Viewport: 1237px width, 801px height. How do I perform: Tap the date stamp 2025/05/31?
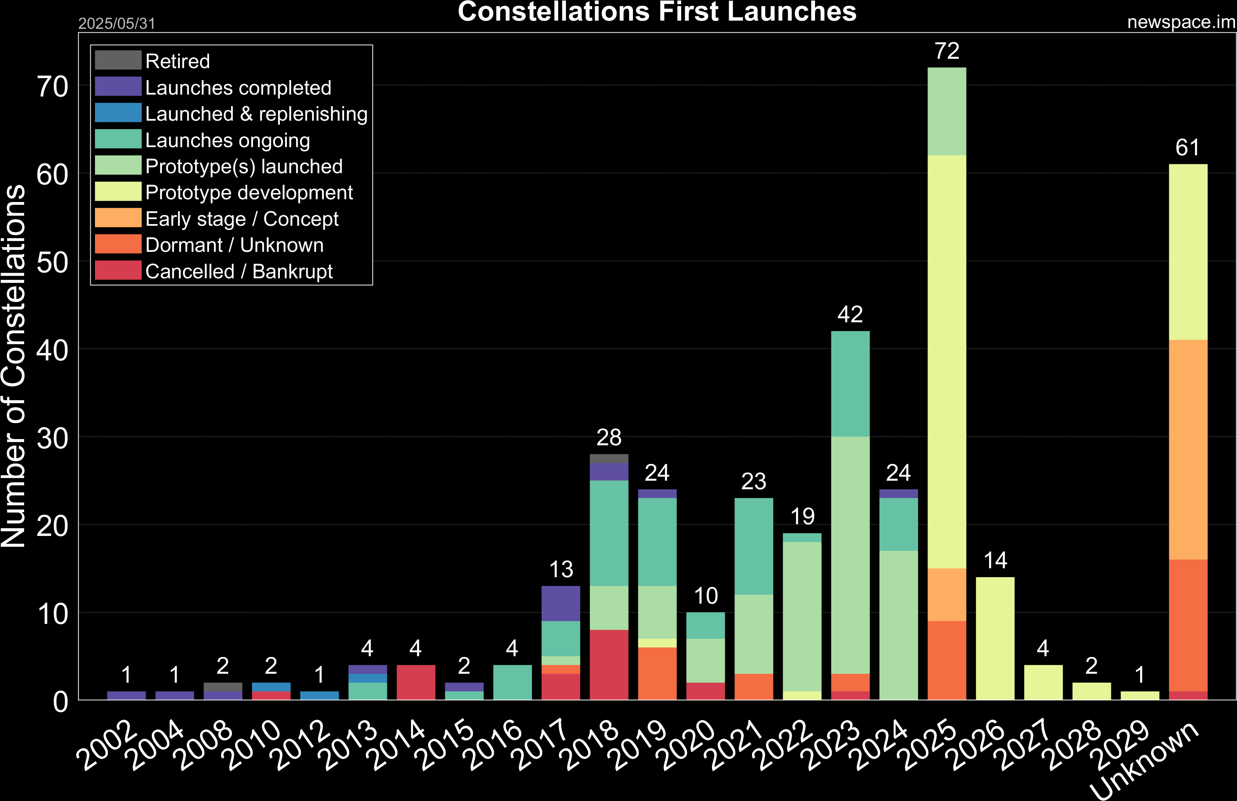(116, 23)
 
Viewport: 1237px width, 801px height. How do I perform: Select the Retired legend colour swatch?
(118, 60)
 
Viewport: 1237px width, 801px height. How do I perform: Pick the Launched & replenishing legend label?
(256, 114)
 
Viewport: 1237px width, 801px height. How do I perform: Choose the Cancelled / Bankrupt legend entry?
(239, 271)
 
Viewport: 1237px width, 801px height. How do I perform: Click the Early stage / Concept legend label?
(242, 219)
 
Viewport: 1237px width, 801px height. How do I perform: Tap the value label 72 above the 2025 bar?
(947, 51)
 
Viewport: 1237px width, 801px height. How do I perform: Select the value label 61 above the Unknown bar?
(1188, 148)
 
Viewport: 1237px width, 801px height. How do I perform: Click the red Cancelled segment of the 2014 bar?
(416, 682)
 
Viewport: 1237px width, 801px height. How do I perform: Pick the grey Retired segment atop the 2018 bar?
(609, 458)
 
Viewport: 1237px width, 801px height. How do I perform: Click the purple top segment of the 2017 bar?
(561, 603)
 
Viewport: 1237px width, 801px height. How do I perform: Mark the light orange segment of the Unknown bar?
(1188, 450)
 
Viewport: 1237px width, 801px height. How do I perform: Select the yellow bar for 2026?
(995, 638)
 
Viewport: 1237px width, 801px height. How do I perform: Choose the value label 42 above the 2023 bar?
(850, 314)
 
